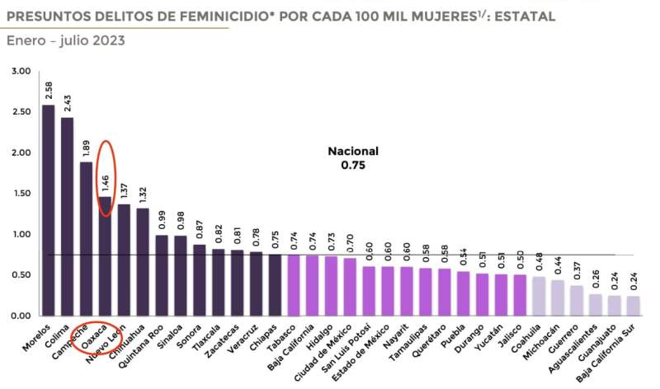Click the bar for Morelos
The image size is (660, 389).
pyautogui.click(x=49, y=210)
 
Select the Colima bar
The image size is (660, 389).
pyautogui.click(x=67, y=216)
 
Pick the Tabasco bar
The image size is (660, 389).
pyautogui.click(x=294, y=285)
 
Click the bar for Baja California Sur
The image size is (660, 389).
pyautogui.click(x=633, y=306)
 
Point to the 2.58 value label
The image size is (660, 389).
pyautogui.click(x=49, y=90)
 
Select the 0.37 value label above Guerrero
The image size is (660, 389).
pyautogui.click(x=577, y=271)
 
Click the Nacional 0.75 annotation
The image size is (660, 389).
pyautogui.click(x=352, y=157)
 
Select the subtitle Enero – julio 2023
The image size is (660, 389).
pyautogui.click(x=66, y=40)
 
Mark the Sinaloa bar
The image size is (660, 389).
pyautogui.click(x=181, y=275)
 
